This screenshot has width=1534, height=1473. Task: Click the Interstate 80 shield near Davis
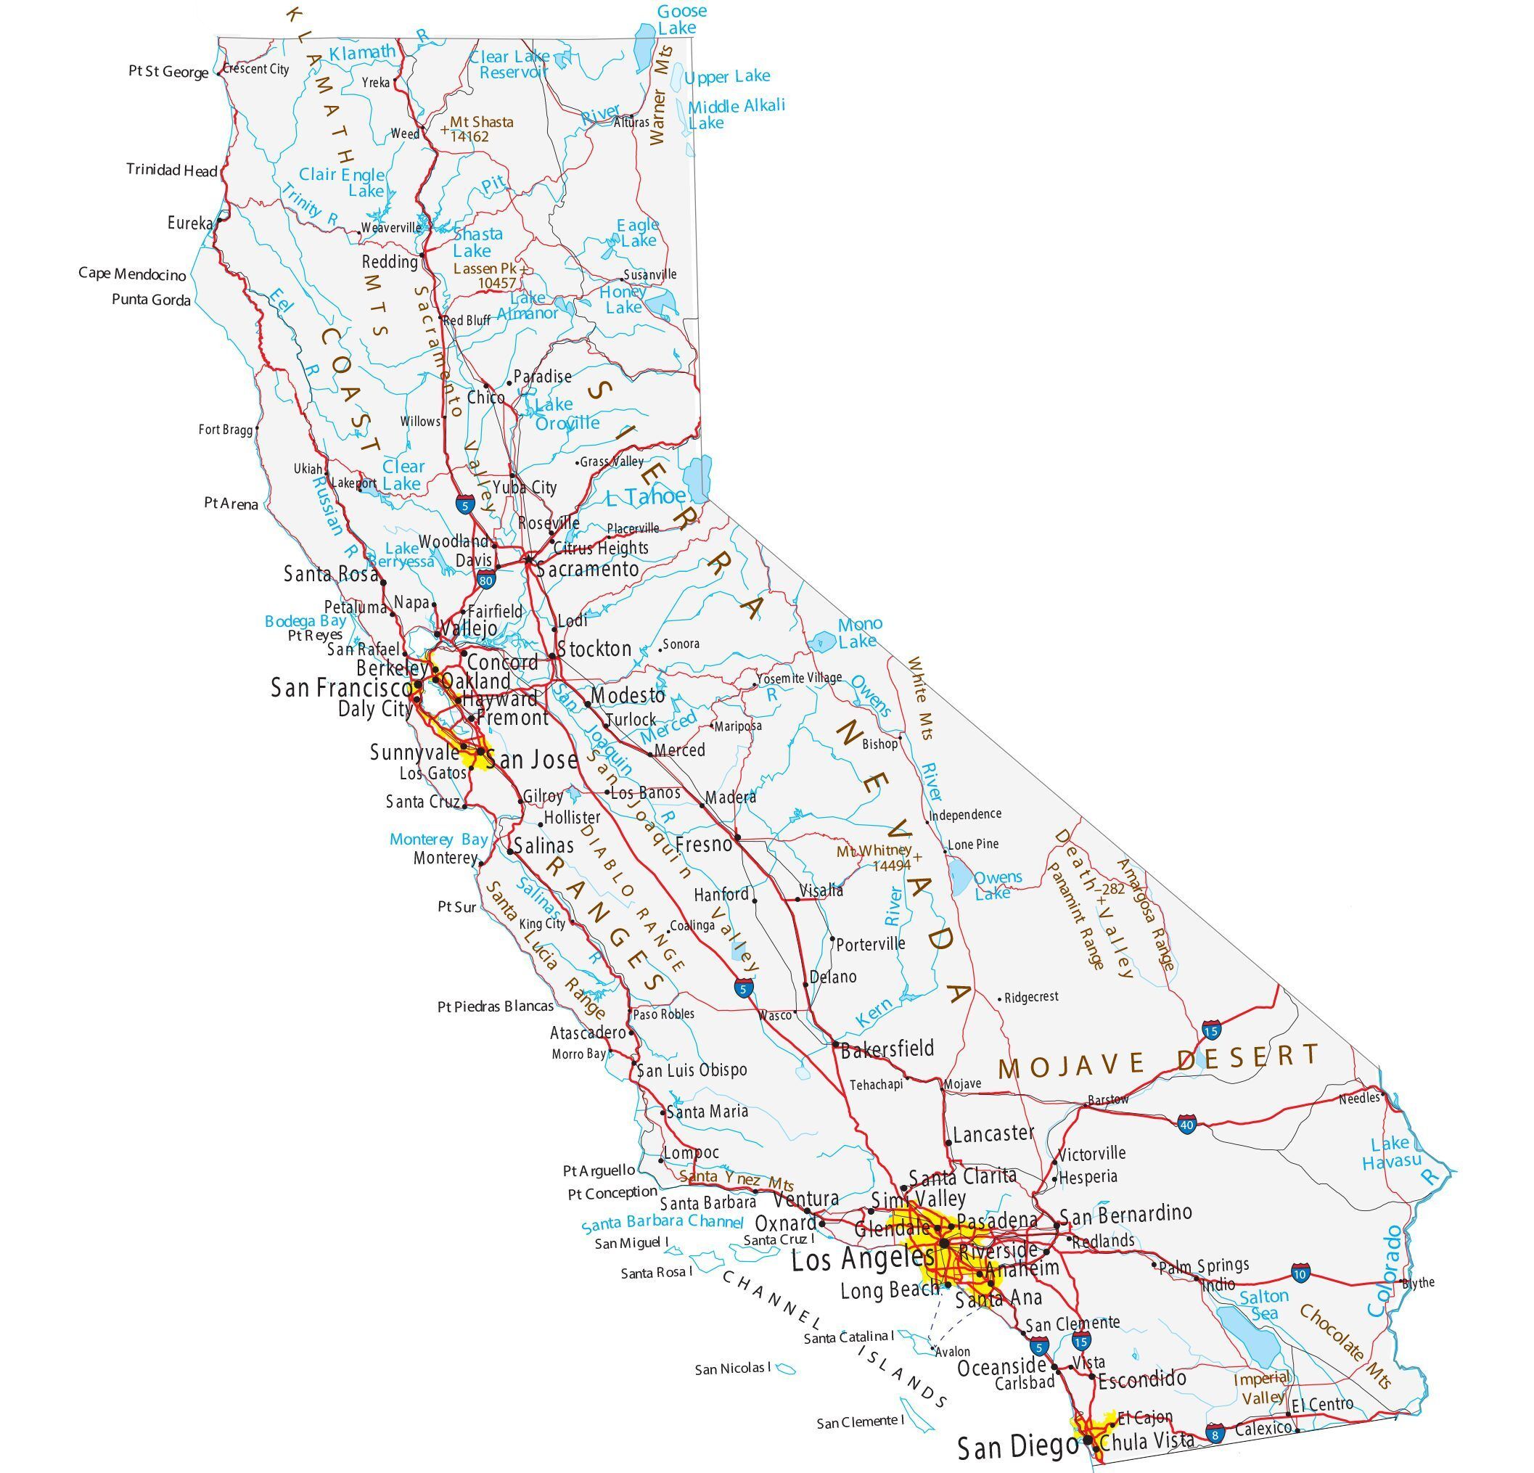[x=485, y=580]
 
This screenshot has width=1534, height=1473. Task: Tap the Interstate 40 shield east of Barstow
[x=1186, y=1125]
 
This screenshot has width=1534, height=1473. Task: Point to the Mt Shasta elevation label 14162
[x=469, y=137]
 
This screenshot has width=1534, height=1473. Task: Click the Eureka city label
[x=189, y=223]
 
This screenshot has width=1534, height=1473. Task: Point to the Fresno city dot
[x=737, y=837]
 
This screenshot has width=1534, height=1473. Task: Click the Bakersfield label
[x=887, y=1048]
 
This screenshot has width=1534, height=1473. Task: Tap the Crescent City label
[x=256, y=69]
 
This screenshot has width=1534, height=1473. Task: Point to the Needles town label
[x=1359, y=1099]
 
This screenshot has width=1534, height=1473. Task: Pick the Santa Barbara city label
[x=707, y=1202]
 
